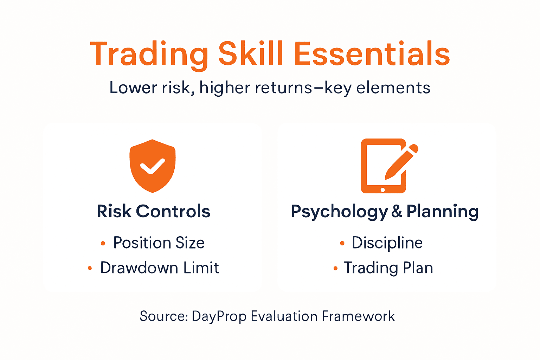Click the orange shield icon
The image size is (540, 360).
pos(152,166)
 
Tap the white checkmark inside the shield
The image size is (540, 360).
pos(152,166)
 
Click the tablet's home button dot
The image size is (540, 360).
pos(383,190)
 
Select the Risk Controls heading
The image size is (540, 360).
pos(153,211)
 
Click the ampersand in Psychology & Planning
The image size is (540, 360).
pos(397,211)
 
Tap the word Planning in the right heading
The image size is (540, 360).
pos(442,211)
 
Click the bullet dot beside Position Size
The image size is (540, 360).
pos(103,243)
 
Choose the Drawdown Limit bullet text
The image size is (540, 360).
pos(159,268)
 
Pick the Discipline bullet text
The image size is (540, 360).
pos(387,243)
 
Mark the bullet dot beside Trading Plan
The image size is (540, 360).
pos(335,269)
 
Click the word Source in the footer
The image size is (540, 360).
pos(163,316)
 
